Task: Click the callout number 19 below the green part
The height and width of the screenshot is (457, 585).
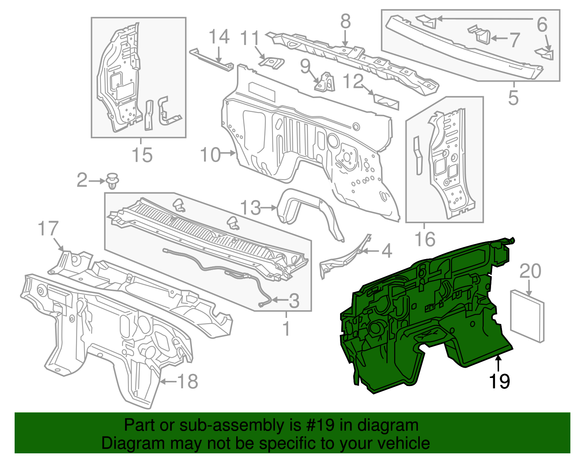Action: click(499, 381)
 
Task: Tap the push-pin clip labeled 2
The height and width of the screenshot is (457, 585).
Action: click(113, 181)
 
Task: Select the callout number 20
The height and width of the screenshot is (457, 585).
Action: click(530, 271)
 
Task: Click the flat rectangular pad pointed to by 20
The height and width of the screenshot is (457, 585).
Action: click(527, 316)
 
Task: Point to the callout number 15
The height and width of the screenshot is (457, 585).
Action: click(142, 155)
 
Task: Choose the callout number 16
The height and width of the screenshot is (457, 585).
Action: click(425, 239)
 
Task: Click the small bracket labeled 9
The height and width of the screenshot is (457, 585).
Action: click(325, 82)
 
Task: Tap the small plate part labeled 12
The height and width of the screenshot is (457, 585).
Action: click(386, 101)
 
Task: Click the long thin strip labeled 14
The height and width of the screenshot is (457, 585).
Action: click(211, 59)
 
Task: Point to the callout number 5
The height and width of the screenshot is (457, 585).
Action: click(513, 98)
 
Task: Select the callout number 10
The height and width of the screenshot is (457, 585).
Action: click(211, 155)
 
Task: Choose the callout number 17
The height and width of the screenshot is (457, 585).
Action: click(48, 229)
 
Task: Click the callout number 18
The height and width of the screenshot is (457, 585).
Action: click(188, 381)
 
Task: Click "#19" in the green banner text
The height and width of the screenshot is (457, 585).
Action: click(319, 425)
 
